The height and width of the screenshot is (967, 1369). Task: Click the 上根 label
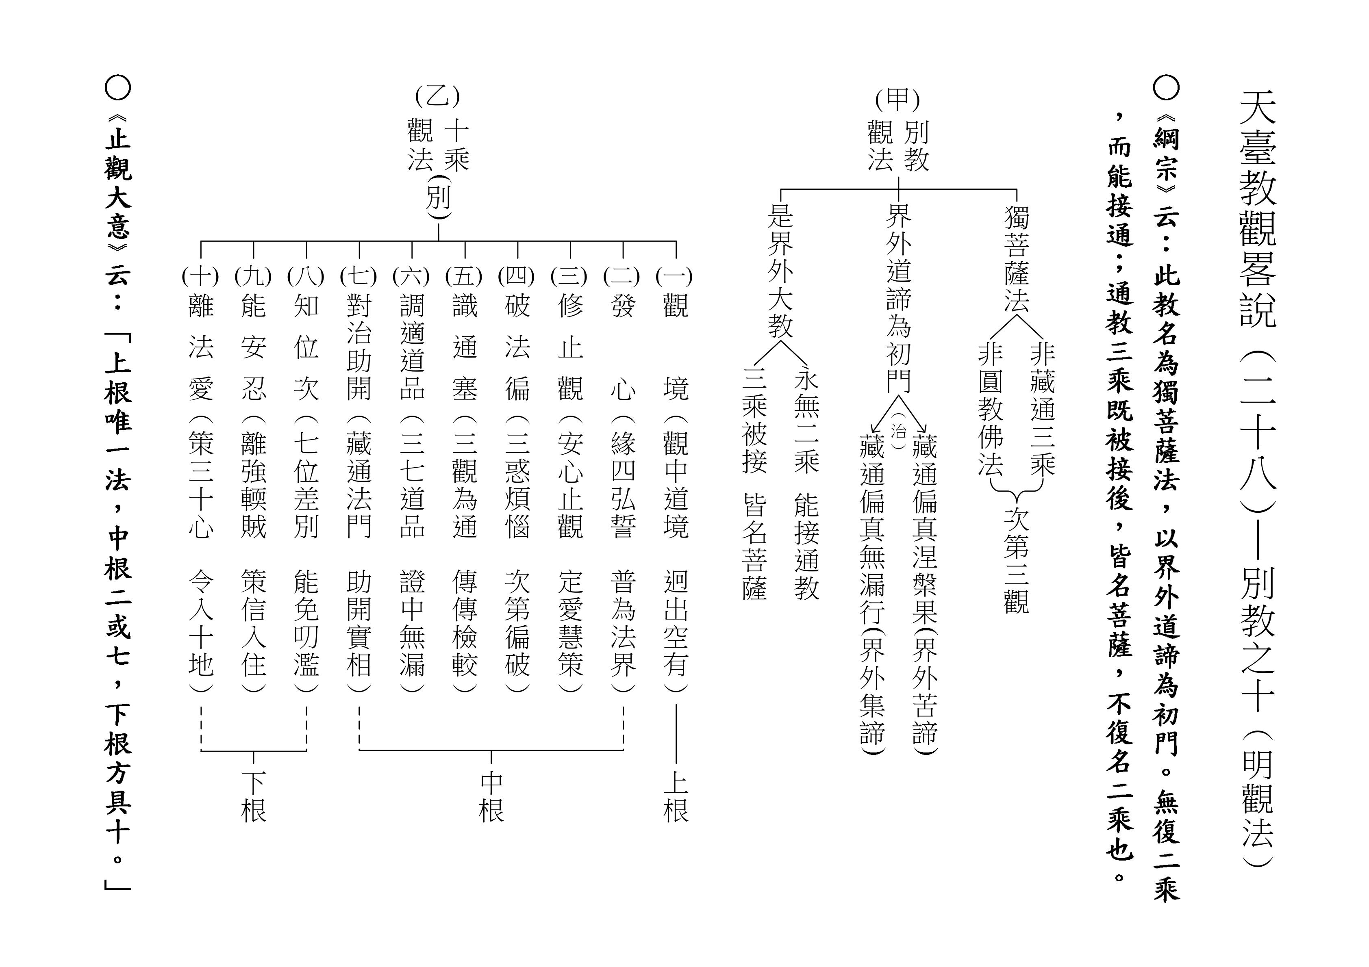pos(676,797)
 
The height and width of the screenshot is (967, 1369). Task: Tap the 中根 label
pos(491,797)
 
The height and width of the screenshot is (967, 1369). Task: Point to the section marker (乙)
pos(438,96)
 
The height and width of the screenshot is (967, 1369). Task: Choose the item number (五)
pos(464,276)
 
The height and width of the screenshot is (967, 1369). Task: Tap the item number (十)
pos(200,276)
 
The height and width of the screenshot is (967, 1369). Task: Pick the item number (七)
pos(359,276)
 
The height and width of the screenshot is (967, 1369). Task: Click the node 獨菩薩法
pos(1017,260)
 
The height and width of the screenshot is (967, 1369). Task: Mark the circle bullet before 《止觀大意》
pos(117,88)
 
